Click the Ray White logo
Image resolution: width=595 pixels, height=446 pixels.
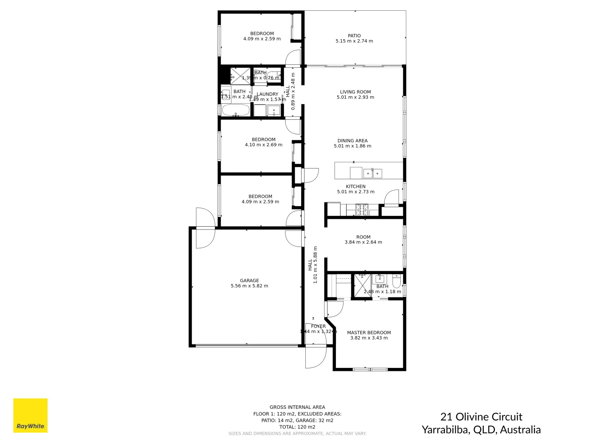tap(30, 415)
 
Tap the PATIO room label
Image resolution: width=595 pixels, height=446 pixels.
tap(354, 36)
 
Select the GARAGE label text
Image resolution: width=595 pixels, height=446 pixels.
tap(249, 280)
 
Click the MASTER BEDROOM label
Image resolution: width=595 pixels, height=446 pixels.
tap(369, 332)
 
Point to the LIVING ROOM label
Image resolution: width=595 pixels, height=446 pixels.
tap(355, 92)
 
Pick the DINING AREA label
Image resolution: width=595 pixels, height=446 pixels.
tap(352, 141)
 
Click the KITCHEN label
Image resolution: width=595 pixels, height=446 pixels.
tap(355, 187)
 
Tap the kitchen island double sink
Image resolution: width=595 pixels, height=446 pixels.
tap(372, 173)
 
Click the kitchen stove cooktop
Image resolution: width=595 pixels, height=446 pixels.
tap(362, 210)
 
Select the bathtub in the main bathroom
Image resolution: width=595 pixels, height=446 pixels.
tap(236, 110)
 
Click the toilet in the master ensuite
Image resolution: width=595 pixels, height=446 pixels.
tap(397, 282)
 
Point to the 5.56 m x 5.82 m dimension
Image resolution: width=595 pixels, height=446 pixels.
tap(249, 286)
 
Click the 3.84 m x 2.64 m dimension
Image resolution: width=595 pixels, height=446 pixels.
tap(363, 242)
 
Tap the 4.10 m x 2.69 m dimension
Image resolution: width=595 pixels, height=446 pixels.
tap(264, 145)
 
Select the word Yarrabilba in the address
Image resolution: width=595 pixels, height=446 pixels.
tap(445, 430)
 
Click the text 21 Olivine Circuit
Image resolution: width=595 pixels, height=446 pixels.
tap(481, 417)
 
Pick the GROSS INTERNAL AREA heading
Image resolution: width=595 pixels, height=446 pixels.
tap(297, 407)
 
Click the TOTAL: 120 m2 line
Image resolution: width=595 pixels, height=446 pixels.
tap(297, 427)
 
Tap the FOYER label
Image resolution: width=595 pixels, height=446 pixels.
tap(318, 326)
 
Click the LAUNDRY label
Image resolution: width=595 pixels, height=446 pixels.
tap(268, 94)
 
